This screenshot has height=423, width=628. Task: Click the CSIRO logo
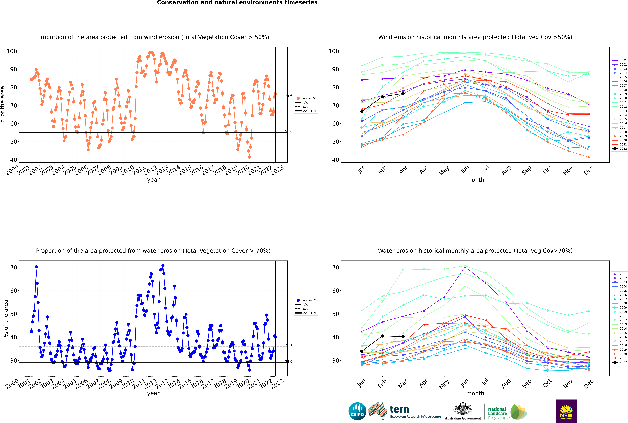click(x=357, y=411)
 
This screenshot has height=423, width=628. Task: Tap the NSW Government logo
click(x=566, y=411)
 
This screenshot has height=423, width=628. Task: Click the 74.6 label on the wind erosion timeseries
click(x=289, y=96)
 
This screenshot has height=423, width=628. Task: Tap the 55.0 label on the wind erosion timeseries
click(x=289, y=131)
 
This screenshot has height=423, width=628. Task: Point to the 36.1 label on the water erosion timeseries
click(x=289, y=345)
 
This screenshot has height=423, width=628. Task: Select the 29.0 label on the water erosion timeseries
click(x=289, y=361)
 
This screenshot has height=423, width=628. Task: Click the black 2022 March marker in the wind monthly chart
click(x=403, y=94)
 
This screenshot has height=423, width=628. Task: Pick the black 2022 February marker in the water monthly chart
click(x=382, y=336)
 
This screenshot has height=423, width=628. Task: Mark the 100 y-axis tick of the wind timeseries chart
click(x=12, y=51)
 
